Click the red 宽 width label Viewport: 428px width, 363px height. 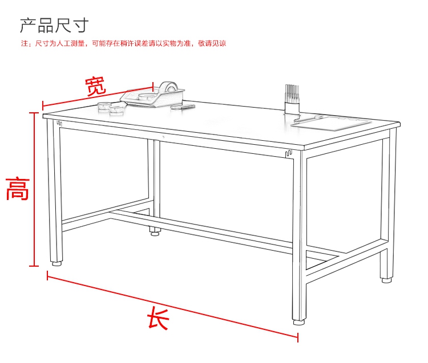click(95, 86)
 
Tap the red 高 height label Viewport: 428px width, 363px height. click(18, 189)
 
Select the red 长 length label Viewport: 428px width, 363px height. click(158, 318)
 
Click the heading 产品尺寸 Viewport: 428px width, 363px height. click(54, 25)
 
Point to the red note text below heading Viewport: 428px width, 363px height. click(124, 43)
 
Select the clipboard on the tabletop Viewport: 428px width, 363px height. click(332, 123)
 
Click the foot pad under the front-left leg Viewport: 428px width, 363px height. click(57, 263)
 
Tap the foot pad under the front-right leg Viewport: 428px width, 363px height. click(299, 323)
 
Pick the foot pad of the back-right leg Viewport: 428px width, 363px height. click(386, 280)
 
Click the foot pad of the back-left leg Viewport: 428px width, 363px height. click(155, 233)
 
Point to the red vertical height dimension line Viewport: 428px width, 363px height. click(34, 189)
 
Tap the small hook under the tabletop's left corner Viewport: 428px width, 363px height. click(59, 124)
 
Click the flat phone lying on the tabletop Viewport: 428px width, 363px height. click(183, 107)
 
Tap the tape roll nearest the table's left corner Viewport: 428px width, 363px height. click(104, 106)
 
